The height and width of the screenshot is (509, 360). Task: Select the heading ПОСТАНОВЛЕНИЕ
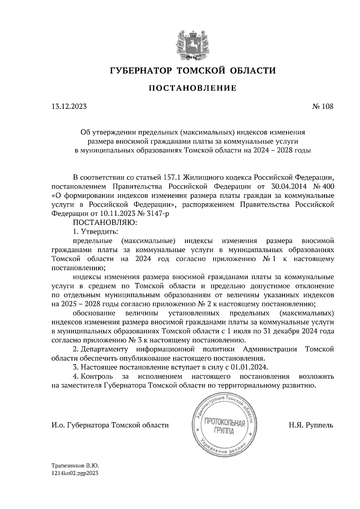pyautogui.click(x=193, y=88)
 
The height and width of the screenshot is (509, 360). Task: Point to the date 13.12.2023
pyautogui.click(x=69, y=106)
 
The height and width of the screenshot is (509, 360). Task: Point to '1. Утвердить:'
pyautogui.click(x=95, y=232)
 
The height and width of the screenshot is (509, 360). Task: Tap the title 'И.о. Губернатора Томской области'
pyautogui.click(x=110, y=425)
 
